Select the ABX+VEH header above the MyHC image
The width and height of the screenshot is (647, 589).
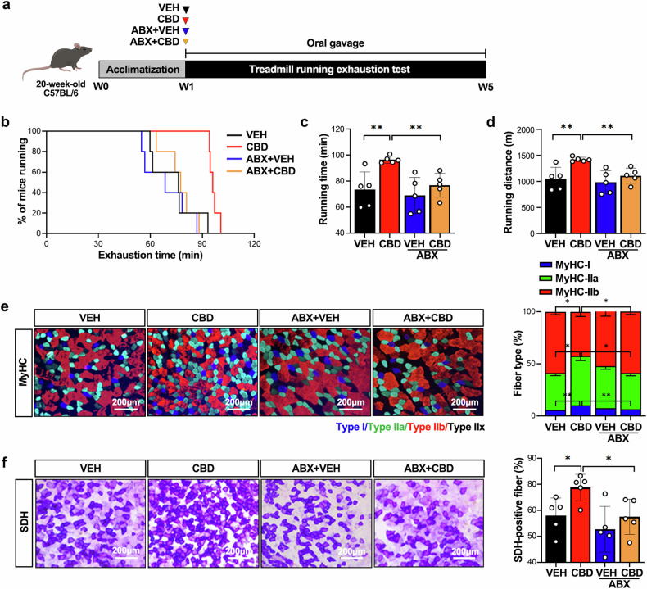click(x=314, y=317)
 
